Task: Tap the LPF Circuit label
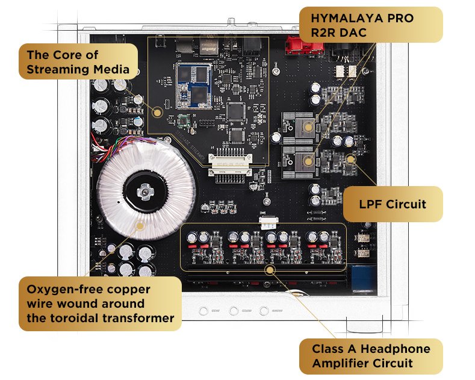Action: click(x=393, y=204)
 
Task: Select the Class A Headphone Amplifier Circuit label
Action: click(x=371, y=356)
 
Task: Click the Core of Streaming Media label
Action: click(x=78, y=63)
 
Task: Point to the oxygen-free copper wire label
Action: click(x=100, y=303)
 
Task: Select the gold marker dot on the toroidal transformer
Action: click(x=140, y=226)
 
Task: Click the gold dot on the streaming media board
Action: click(x=158, y=111)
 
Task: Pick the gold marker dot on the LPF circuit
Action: click(x=350, y=160)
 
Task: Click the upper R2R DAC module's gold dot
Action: click(x=308, y=127)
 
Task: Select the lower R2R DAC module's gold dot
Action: click(x=308, y=160)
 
